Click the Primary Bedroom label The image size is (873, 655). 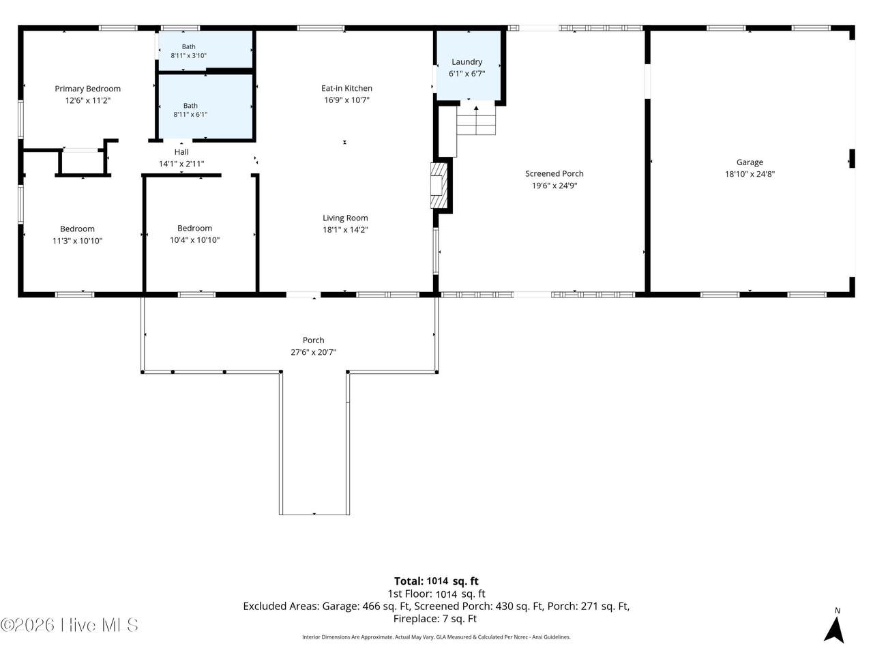click(x=87, y=89)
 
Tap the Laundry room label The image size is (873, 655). click(x=467, y=62)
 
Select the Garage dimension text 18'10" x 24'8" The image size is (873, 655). click(x=750, y=174)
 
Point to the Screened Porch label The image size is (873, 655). click(x=554, y=174)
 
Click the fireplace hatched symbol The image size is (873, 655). click(x=439, y=186)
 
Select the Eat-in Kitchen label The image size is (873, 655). click(x=347, y=88)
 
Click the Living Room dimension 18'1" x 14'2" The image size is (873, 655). click(x=345, y=230)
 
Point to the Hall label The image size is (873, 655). click(x=181, y=152)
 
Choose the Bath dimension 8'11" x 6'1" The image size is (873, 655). click(x=190, y=115)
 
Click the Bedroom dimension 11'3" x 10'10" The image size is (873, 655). click(x=77, y=241)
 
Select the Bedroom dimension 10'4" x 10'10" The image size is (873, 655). click(x=194, y=239)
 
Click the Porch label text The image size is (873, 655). click(x=314, y=340)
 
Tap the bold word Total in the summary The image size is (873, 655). click(x=409, y=581)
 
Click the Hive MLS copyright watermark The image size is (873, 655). click(x=69, y=625)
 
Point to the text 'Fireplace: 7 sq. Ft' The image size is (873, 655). click(x=434, y=618)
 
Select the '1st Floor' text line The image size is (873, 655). click(x=436, y=594)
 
